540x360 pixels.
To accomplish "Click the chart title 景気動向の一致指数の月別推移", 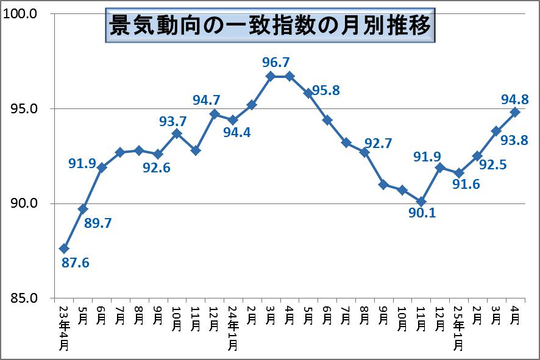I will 270,26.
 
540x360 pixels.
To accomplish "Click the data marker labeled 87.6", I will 64,249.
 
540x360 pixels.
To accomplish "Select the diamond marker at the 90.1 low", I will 421,202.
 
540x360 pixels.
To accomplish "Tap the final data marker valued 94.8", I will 515,112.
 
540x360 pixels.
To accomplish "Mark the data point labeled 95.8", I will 308,93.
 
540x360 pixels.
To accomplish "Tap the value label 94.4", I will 236,132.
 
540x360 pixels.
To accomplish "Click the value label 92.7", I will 378,143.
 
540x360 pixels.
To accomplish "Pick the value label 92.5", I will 492,164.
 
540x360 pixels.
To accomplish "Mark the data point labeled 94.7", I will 215,114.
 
